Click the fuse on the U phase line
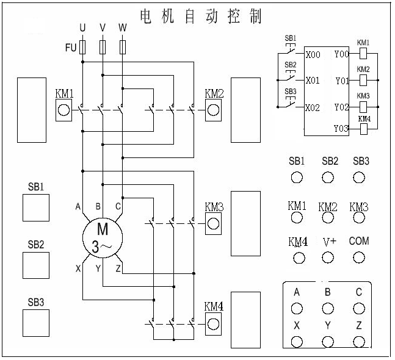pos(82,47)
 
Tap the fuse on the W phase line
pos(123,47)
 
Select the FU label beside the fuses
pos(71,48)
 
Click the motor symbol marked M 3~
pos(103,237)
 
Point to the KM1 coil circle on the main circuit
pos(63,110)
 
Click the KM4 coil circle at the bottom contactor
pos(213,324)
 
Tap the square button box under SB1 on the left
pos(36,207)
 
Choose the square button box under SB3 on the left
pos(36,323)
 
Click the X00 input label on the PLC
pos(313,55)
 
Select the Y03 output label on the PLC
pos(341,128)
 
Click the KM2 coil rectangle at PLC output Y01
pos(363,81)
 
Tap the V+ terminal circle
pos(328,257)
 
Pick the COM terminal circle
pos(359,257)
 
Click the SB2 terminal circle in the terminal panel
pos(328,178)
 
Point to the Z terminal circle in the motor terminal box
pos(359,342)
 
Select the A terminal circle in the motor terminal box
pos(297,308)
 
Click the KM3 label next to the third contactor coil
pos(214,207)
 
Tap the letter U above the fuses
pos(82,27)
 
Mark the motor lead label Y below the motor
pos(98,268)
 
